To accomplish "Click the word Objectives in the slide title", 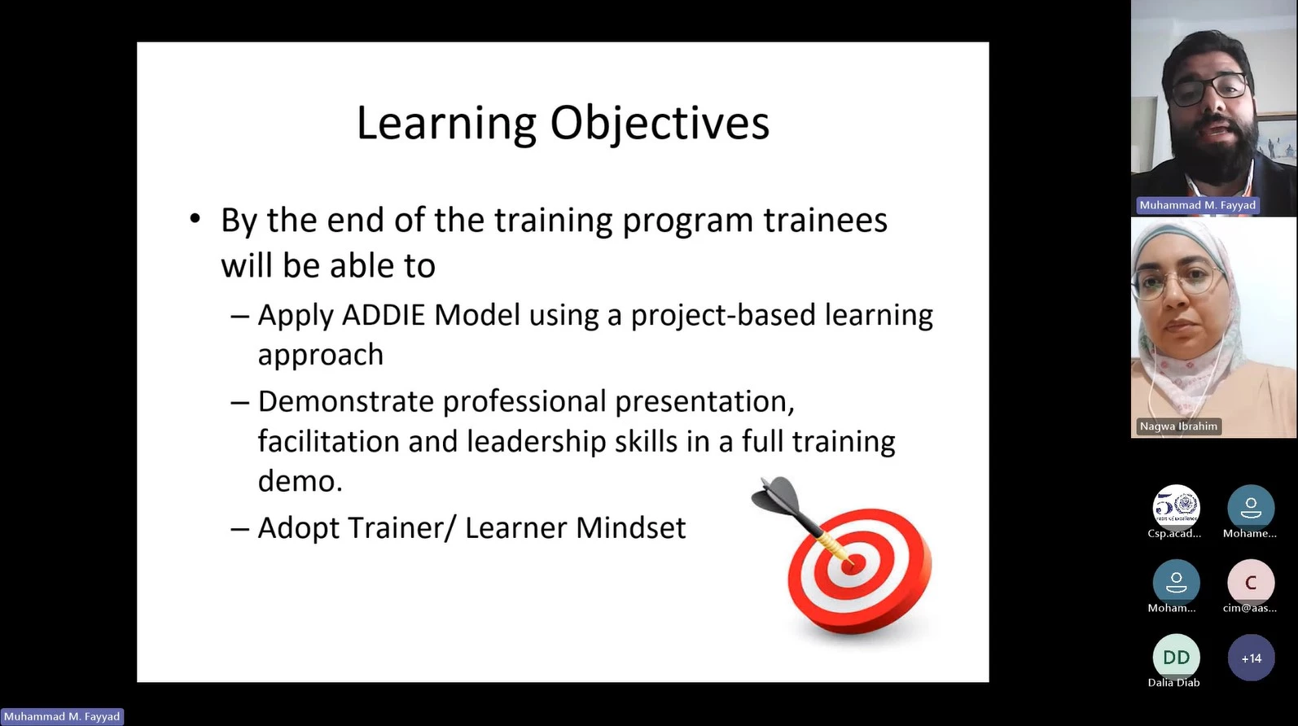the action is [x=660, y=124].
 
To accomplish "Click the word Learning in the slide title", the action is [x=446, y=124].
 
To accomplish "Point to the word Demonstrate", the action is [x=345, y=401].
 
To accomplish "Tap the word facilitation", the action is [x=328, y=441].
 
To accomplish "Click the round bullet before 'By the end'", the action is [x=195, y=219].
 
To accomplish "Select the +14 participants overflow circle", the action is [x=1251, y=658].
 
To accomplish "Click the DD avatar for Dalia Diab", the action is [x=1176, y=658].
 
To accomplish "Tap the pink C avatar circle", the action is [x=1251, y=583].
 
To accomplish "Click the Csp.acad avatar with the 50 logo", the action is [x=1176, y=508].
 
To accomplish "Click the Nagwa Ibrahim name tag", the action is [x=1178, y=426].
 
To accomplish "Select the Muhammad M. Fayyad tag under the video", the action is [x=1198, y=205].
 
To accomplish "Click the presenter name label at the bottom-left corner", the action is [x=62, y=716].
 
